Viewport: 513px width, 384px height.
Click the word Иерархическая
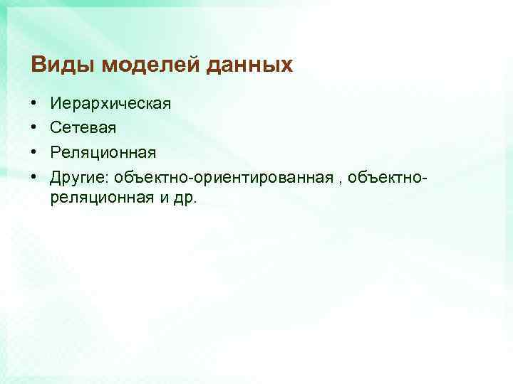(x=110, y=105)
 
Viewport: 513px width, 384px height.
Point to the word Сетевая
(x=83, y=128)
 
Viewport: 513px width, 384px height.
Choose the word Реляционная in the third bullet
(x=103, y=152)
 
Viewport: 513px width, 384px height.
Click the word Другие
(x=76, y=176)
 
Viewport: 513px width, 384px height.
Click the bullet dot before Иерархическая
(x=34, y=105)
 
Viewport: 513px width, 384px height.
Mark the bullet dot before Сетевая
(x=34, y=128)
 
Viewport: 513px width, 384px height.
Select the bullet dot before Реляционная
(x=34, y=152)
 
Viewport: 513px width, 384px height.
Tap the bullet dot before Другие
(x=34, y=176)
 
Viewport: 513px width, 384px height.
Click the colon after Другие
(x=102, y=177)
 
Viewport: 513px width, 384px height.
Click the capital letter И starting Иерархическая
(x=56, y=105)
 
